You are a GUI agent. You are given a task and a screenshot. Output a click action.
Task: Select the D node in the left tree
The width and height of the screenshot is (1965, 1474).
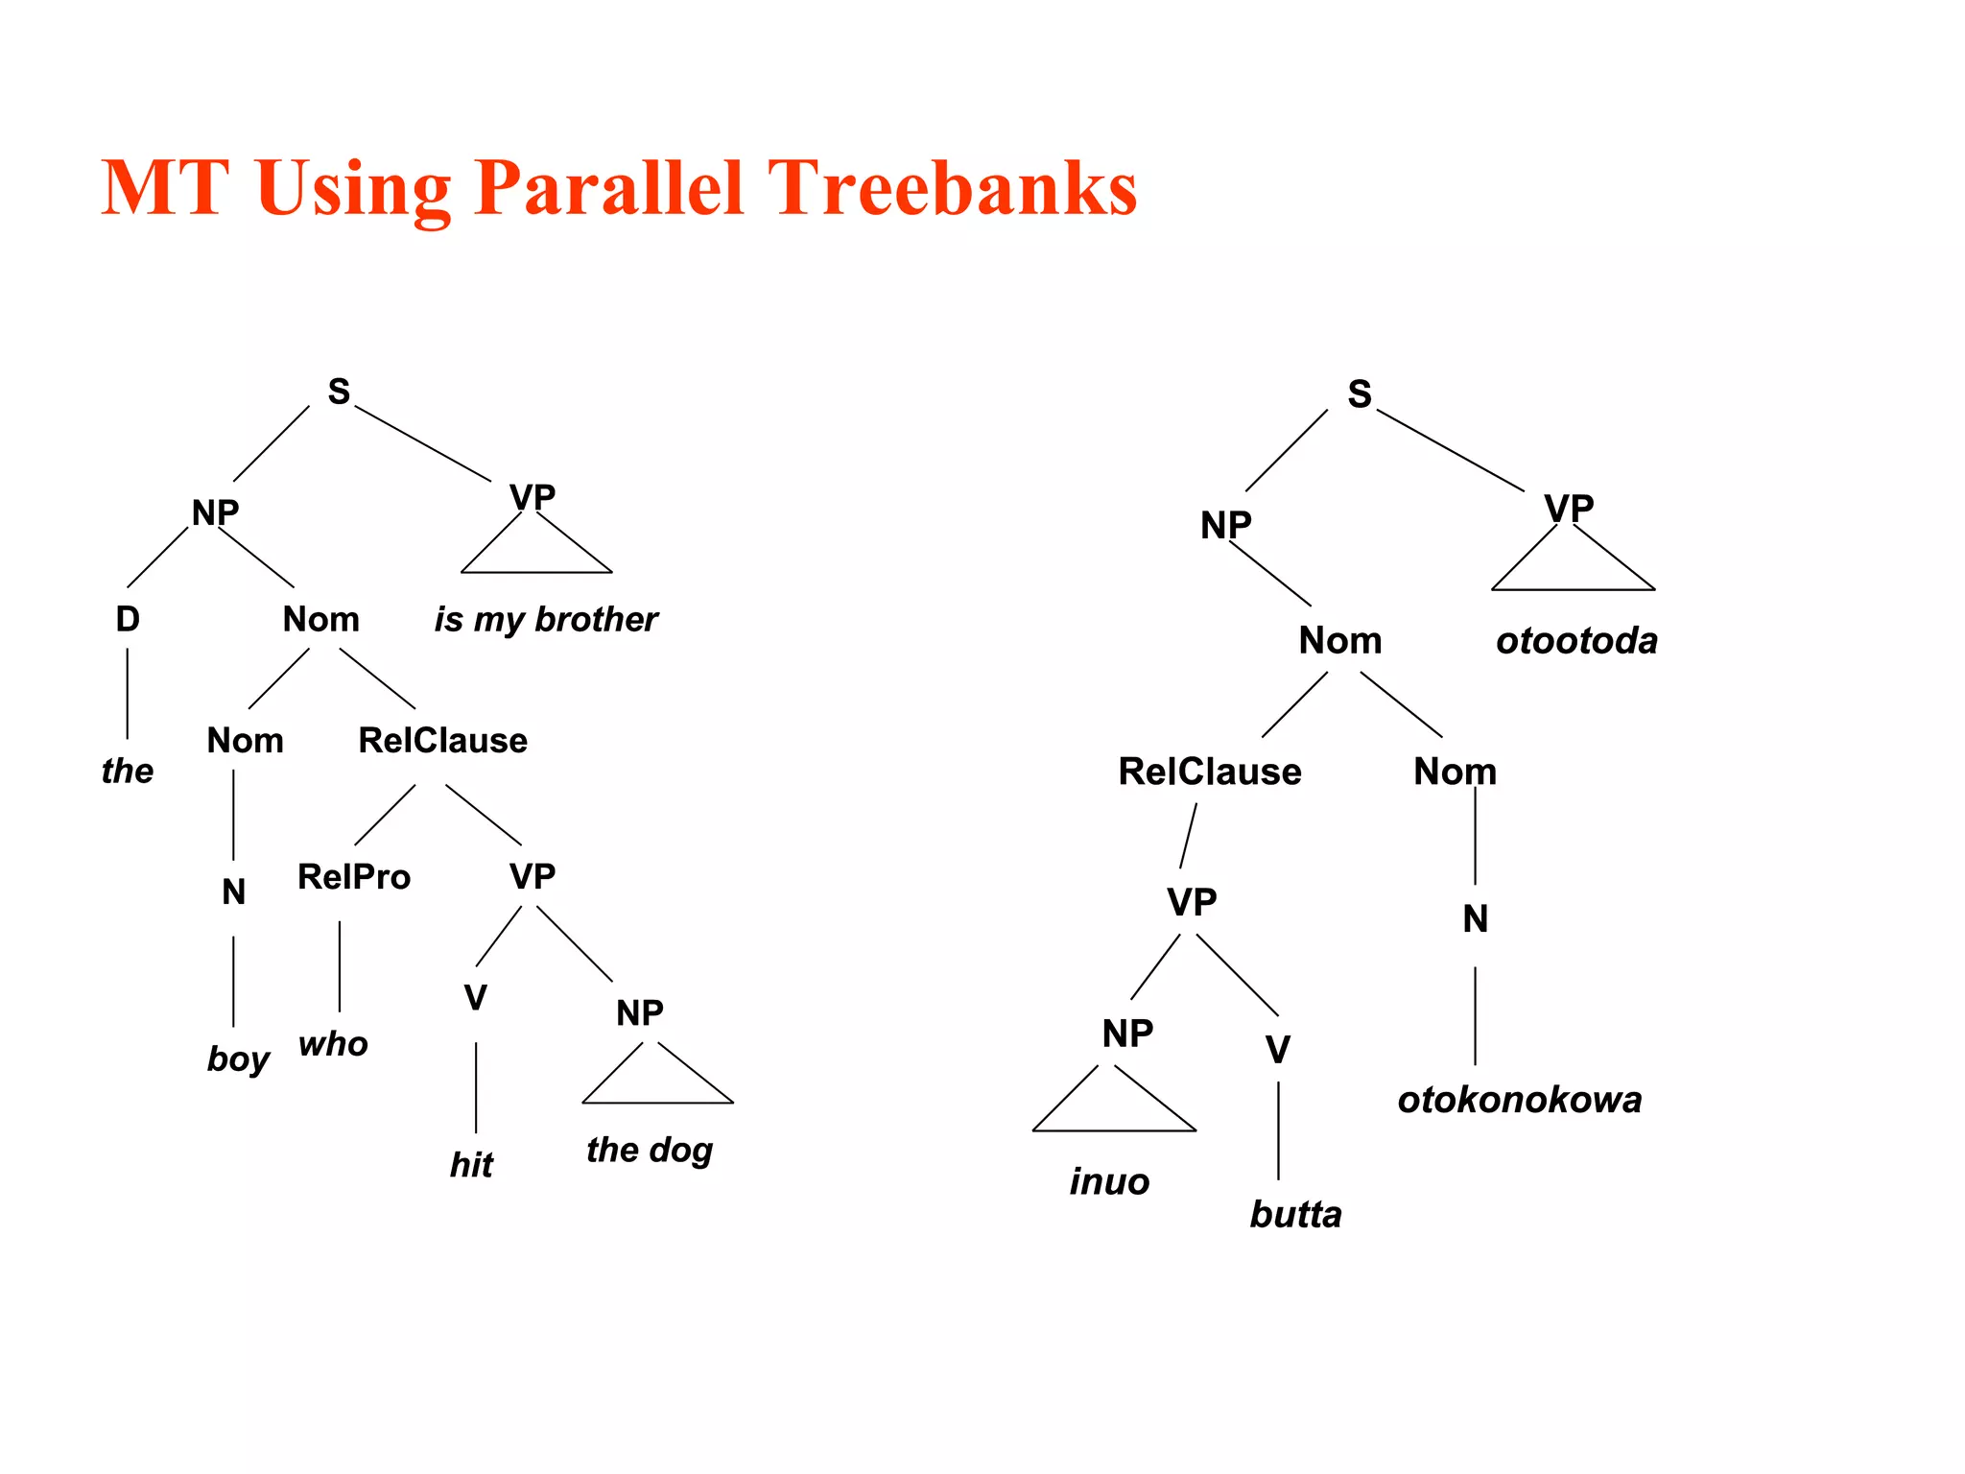coord(128,620)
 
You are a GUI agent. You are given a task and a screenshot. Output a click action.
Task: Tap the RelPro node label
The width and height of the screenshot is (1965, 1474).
coord(354,877)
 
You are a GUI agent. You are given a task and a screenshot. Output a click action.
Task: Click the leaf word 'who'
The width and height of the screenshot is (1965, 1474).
coord(333,1044)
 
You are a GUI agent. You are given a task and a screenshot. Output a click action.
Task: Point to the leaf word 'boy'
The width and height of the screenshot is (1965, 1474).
coord(238,1059)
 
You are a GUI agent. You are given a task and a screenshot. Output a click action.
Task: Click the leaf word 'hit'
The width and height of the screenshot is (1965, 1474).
coord(471,1165)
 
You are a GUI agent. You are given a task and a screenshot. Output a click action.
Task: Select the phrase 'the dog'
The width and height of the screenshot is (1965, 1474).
coord(650,1150)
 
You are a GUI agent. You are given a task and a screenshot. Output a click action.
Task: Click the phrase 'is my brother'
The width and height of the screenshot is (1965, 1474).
coord(546,620)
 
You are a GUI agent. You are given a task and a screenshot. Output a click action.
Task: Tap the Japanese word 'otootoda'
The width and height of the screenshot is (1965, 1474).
coord(1576,641)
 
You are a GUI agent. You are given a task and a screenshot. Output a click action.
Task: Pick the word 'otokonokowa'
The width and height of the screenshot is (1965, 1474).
coord(1520,1100)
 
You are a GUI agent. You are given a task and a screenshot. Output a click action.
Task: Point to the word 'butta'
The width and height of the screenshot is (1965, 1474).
coord(1295,1215)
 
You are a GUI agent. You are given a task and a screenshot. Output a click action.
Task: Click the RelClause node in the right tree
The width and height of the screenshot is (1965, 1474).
coord(1210,773)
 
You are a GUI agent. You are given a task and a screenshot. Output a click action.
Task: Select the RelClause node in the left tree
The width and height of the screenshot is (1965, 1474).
coord(442,741)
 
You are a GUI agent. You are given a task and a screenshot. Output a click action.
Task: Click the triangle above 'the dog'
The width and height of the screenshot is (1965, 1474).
coord(657,1080)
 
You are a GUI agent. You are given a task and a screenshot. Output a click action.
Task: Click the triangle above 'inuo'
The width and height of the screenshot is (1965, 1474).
coord(1113,1105)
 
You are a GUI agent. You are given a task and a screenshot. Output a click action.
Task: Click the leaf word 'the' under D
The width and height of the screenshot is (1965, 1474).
coord(128,771)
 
